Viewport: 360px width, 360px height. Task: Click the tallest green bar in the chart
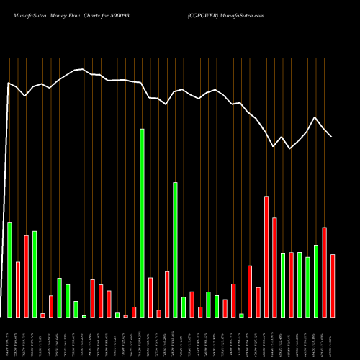(142, 223)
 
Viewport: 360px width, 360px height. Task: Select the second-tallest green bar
(175, 250)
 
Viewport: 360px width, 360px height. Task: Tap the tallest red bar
(266, 256)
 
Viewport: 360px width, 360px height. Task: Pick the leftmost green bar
(9, 270)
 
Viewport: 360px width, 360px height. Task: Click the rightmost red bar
(333, 286)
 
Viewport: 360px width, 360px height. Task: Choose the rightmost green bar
(316, 281)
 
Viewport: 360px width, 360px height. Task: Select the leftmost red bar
(18, 289)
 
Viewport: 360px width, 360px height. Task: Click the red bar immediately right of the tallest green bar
(150, 297)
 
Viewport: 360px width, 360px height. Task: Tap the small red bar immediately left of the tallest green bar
(134, 312)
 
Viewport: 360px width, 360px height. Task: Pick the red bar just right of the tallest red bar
(275, 267)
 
